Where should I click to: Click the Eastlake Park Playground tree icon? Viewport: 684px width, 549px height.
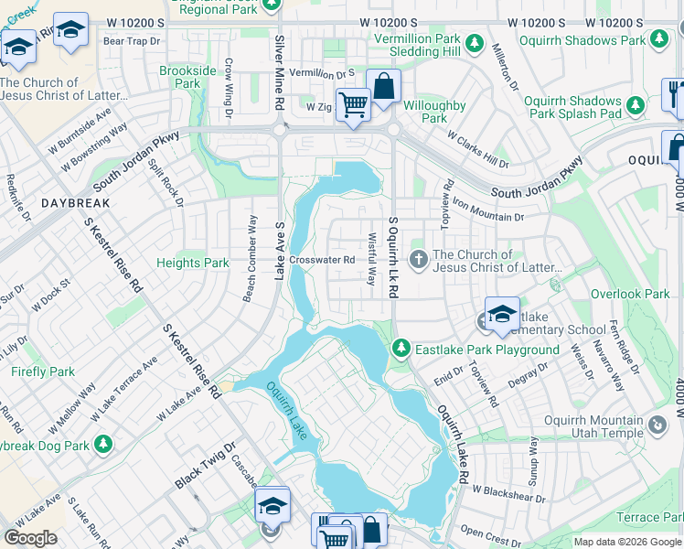(401, 349)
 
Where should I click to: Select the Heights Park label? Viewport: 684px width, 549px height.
(192, 263)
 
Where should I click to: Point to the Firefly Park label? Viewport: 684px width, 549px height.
(43, 372)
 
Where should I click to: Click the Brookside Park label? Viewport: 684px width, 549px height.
(187, 77)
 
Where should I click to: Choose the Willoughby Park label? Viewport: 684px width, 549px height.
(434, 112)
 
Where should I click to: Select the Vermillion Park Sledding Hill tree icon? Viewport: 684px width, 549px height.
(474, 42)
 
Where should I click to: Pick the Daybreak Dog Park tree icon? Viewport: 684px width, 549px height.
(104, 444)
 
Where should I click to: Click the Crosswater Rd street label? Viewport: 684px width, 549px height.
(322, 260)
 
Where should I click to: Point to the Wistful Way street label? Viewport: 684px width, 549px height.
(372, 258)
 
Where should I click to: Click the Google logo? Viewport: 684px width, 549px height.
(30, 537)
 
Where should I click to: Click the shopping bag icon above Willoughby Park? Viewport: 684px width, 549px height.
(384, 87)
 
